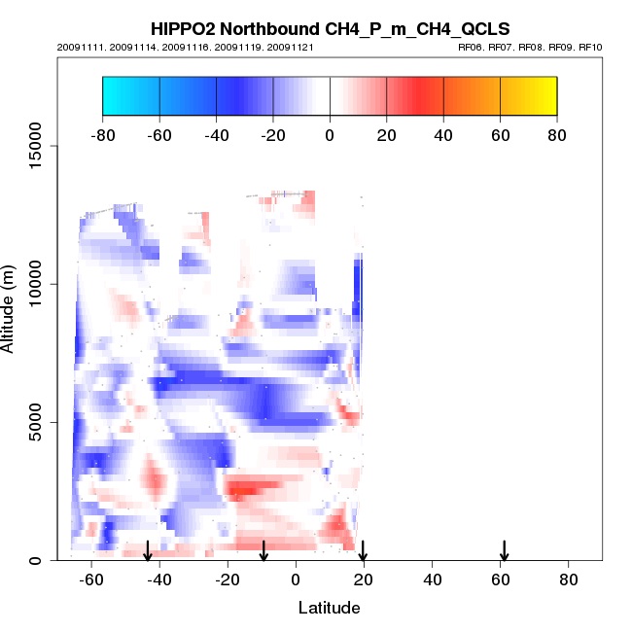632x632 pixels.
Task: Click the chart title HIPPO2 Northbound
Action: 330,29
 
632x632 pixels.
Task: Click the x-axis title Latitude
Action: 329,608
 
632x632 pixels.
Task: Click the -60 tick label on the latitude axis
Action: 91,579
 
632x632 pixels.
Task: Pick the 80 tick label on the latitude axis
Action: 569,579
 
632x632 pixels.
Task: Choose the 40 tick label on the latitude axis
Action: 432,579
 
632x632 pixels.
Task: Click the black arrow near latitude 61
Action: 505,551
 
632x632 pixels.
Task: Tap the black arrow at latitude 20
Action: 363,551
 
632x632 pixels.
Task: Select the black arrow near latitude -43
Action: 148,551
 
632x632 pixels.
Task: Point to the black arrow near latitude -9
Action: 263,551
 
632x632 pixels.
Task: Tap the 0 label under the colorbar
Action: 330,135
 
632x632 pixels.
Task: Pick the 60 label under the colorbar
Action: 500,135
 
